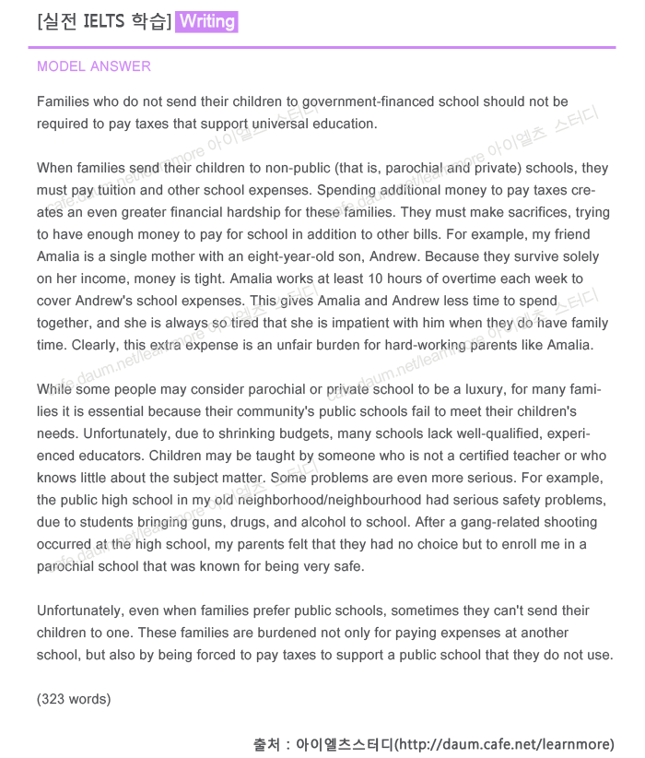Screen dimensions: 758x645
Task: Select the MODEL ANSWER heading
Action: (94, 66)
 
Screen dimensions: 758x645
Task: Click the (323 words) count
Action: (74, 699)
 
